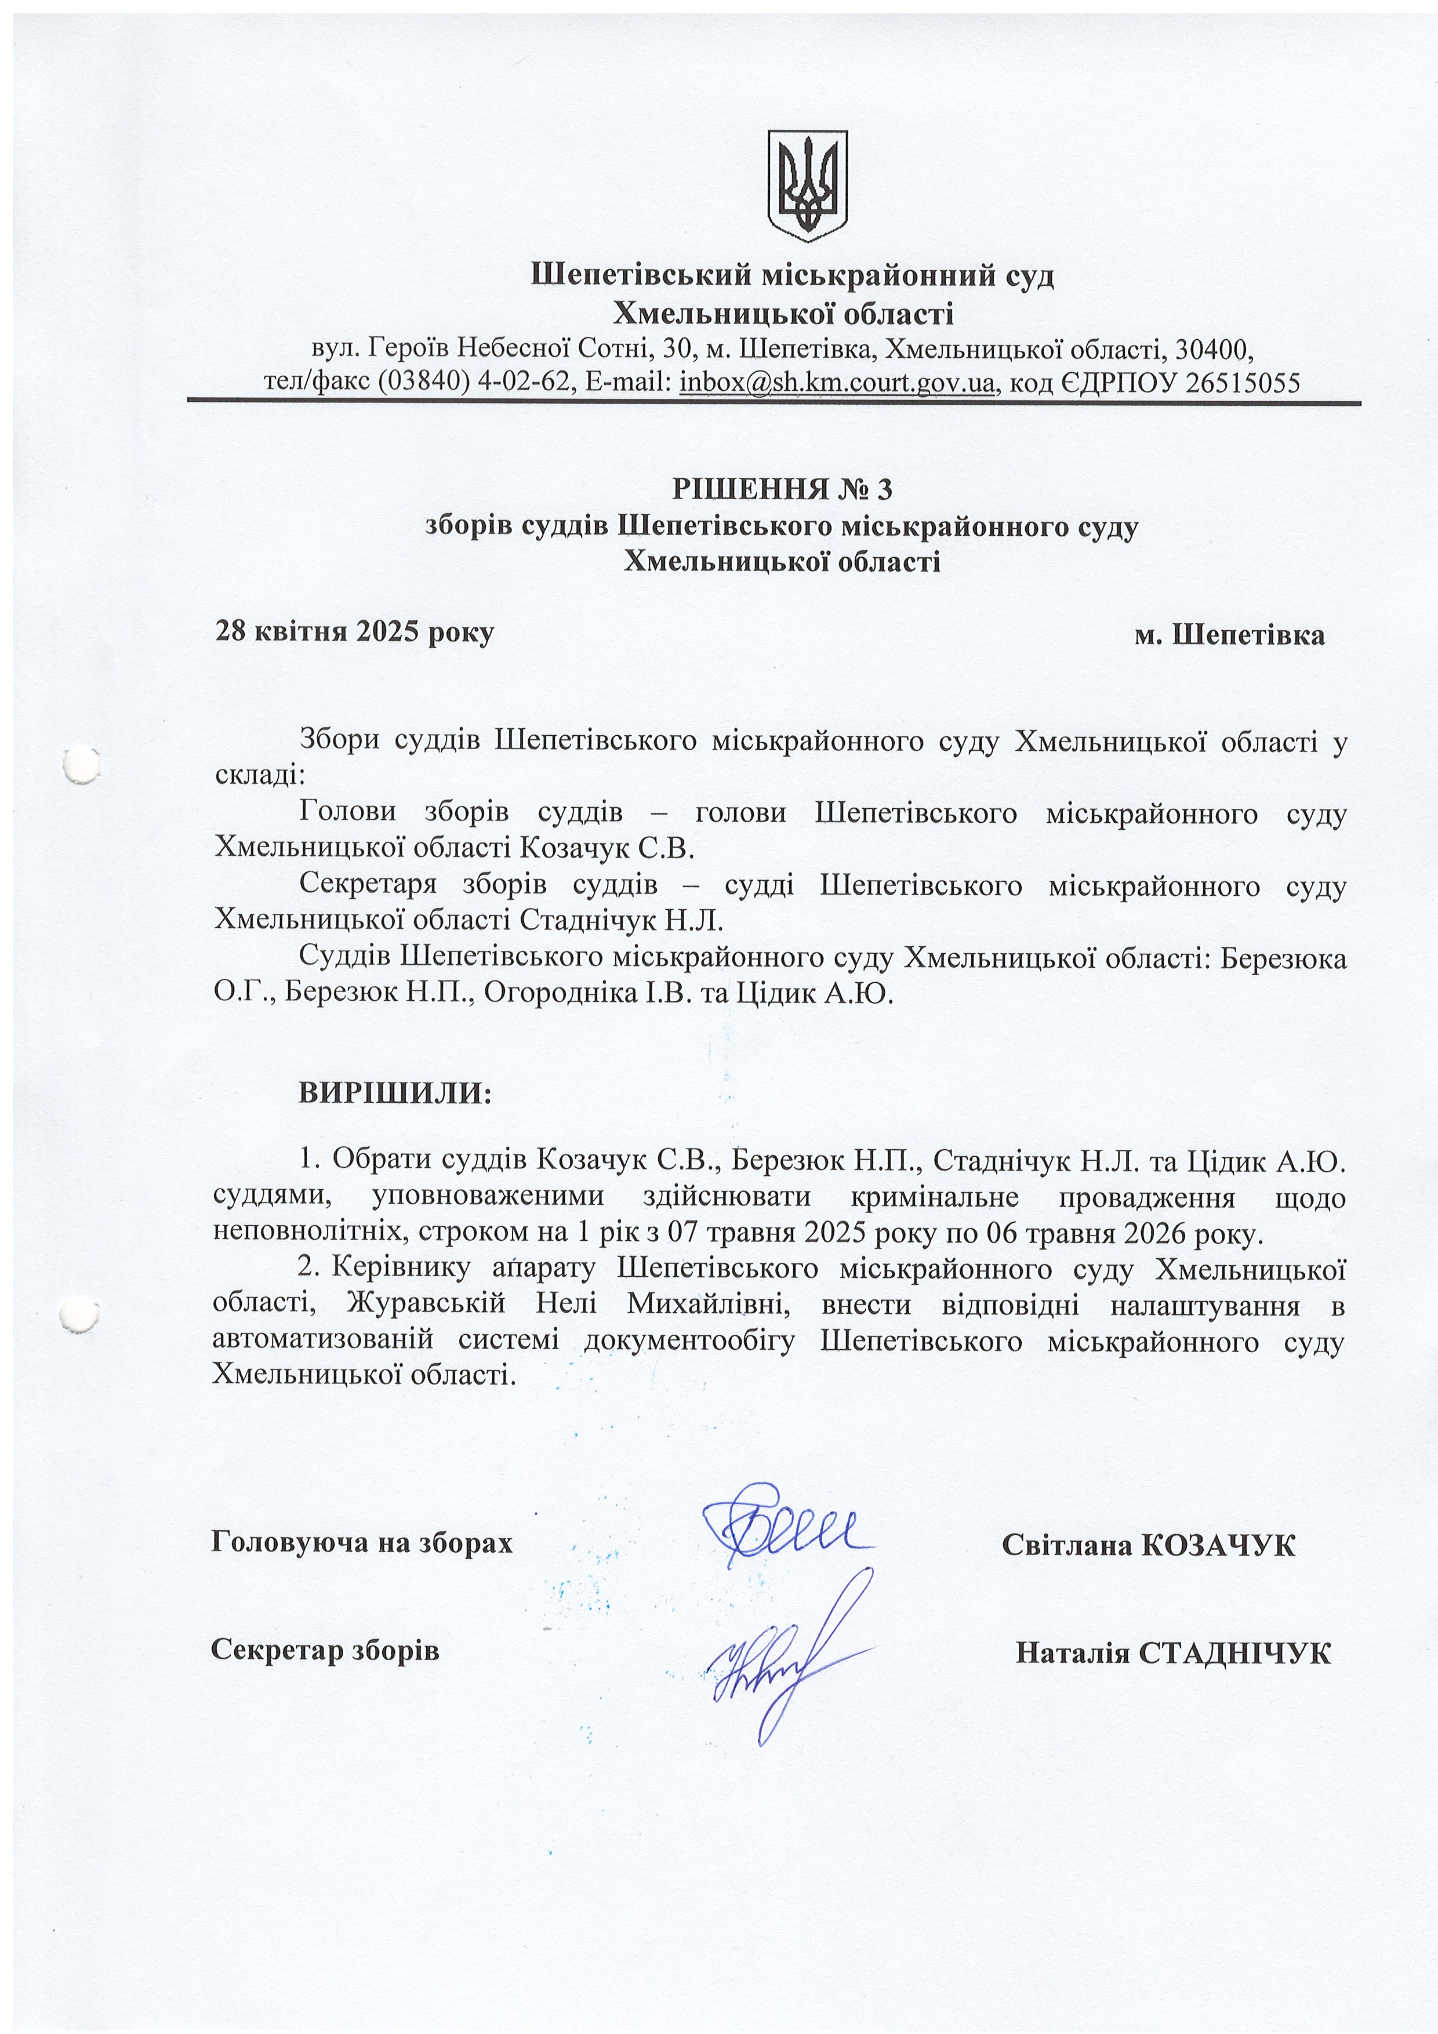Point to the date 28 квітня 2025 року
[354, 633]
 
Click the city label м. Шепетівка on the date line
[1230, 635]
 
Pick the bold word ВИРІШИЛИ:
[394, 1092]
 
